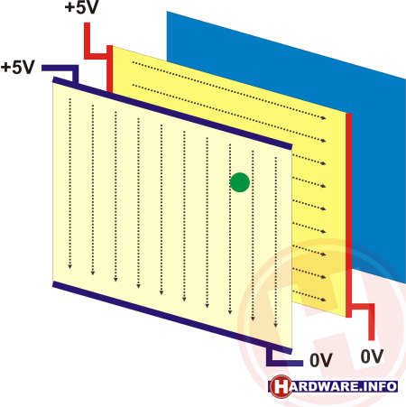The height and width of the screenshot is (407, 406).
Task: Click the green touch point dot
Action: click(240, 182)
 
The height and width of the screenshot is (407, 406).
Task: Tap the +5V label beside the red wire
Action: click(81, 6)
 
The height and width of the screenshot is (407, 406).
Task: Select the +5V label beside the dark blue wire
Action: click(18, 67)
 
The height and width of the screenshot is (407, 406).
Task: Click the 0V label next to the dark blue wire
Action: click(321, 360)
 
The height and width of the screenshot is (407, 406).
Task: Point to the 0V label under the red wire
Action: click(372, 356)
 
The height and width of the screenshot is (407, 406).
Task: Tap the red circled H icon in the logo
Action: click(281, 386)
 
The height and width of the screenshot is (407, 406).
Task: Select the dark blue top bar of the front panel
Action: click(172, 114)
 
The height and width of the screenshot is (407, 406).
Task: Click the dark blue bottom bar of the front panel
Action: click(172, 318)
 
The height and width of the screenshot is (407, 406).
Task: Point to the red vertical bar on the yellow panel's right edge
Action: click(348, 216)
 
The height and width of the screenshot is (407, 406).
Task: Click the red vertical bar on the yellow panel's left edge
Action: click(110, 69)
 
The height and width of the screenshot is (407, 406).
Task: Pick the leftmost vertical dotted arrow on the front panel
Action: click(70, 183)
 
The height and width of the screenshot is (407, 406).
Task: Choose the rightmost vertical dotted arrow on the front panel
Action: click(275, 243)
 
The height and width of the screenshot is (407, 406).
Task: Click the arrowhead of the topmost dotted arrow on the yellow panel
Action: click(324, 117)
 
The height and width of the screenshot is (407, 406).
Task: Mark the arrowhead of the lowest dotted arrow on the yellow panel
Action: click(324, 300)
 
